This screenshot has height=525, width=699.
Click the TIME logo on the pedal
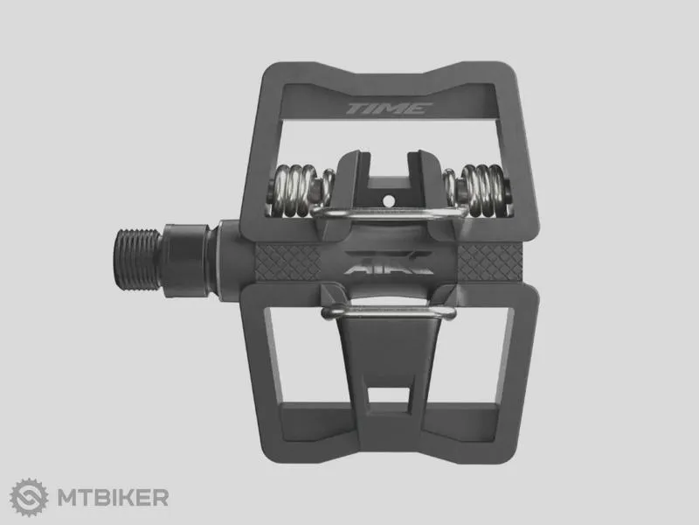pyautogui.click(x=389, y=108)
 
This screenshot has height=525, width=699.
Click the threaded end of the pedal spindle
pyautogui.click(x=137, y=259)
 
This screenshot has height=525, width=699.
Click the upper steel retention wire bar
pyautogui.click(x=389, y=213)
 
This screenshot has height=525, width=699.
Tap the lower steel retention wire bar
pyautogui.click(x=389, y=311)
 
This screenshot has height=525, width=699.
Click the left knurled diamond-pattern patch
pyautogui.click(x=287, y=262)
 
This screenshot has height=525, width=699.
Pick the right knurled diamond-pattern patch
pyautogui.click(x=490, y=262)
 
